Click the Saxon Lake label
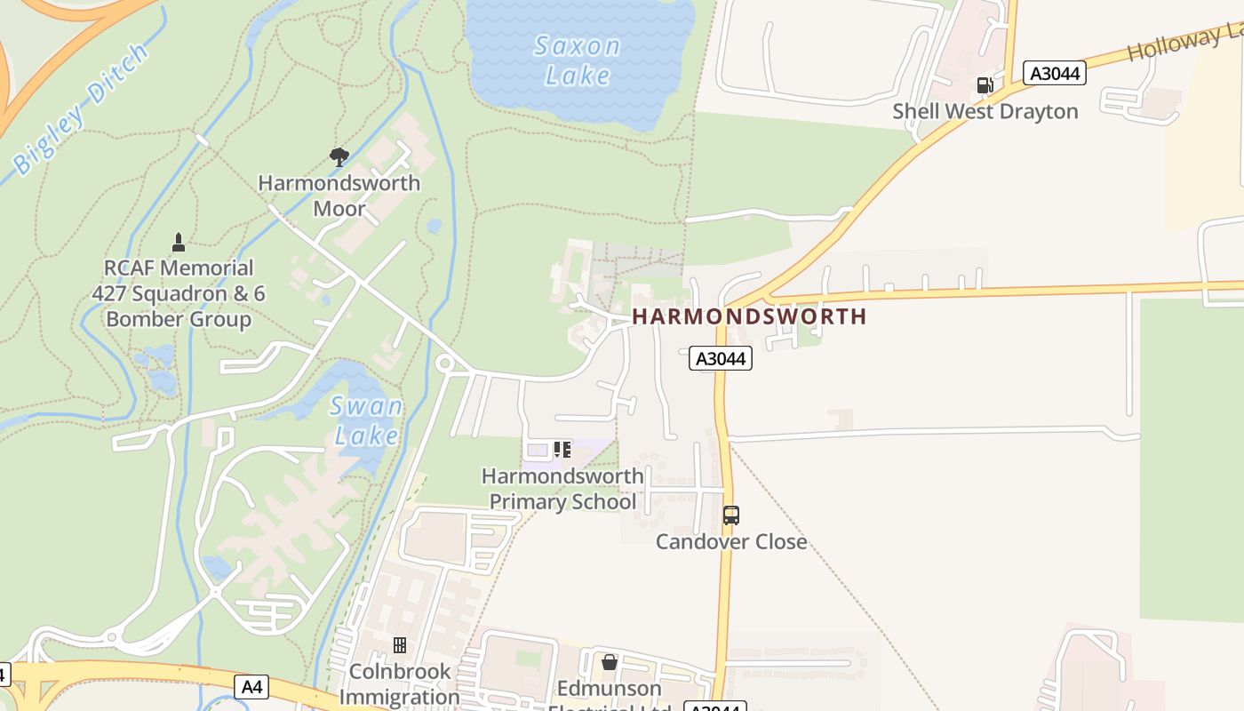[577, 60]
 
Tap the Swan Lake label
[367, 421]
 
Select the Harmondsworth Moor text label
[339, 196]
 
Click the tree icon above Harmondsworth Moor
[339, 157]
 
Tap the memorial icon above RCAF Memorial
[179, 242]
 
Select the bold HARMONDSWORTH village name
[749, 316]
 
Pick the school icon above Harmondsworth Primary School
[562, 450]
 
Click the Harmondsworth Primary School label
[562, 489]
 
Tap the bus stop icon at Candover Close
[730, 515]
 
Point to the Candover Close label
[731, 541]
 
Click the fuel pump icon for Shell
[985, 85]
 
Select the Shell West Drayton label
[985, 112]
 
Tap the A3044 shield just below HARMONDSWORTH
[722, 358]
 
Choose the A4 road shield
[252, 686]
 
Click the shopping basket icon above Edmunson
[609, 662]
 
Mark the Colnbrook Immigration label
[399, 683]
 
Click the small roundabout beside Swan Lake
[444, 363]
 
